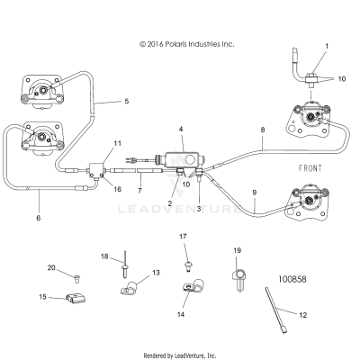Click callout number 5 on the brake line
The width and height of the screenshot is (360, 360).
click(x=126, y=102)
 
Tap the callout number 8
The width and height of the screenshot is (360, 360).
click(x=263, y=130)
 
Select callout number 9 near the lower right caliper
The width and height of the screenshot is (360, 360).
click(x=255, y=193)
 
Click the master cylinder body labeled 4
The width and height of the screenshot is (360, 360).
click(x=180, y=160)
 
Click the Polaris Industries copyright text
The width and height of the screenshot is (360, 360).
click(x=186, y=42)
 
